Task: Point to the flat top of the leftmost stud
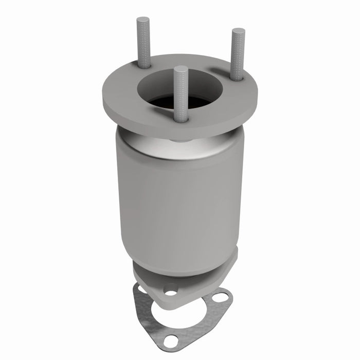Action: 143,20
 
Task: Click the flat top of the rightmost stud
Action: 238,31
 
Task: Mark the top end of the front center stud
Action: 180,68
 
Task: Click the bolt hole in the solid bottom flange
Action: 171,291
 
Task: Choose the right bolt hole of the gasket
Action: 221,297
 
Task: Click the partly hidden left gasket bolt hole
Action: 139,292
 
